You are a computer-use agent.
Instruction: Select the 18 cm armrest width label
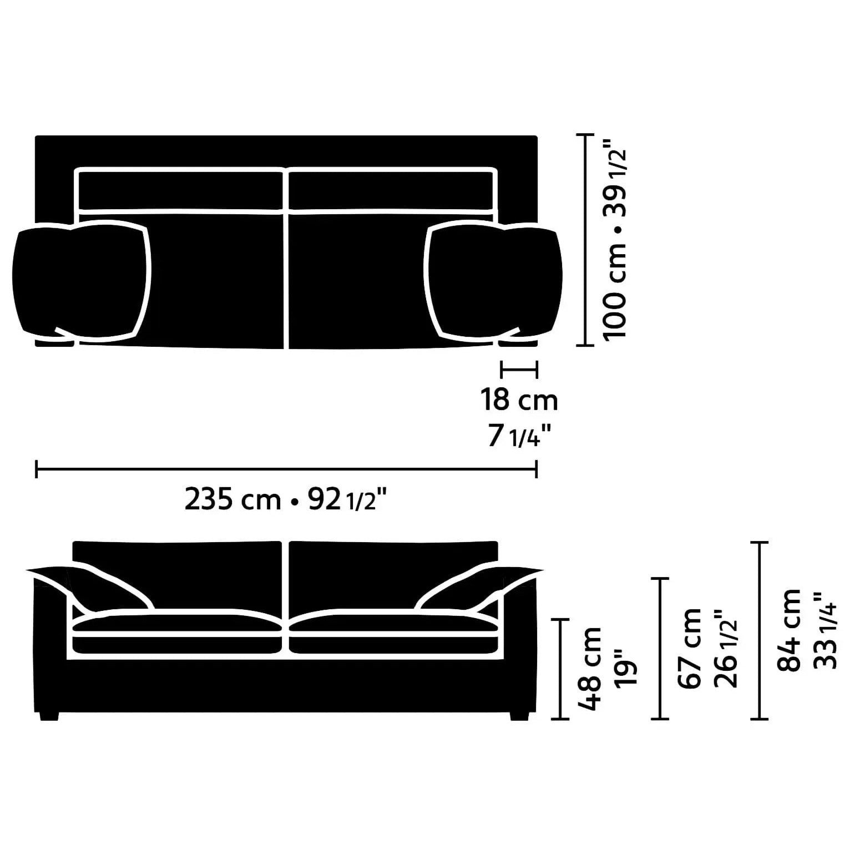point(519,400)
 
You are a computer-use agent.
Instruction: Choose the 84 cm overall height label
point(789,630)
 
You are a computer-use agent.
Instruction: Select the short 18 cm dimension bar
point(519,368)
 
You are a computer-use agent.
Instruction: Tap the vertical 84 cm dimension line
point(759,630)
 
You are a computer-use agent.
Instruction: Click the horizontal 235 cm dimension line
point(286,469)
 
